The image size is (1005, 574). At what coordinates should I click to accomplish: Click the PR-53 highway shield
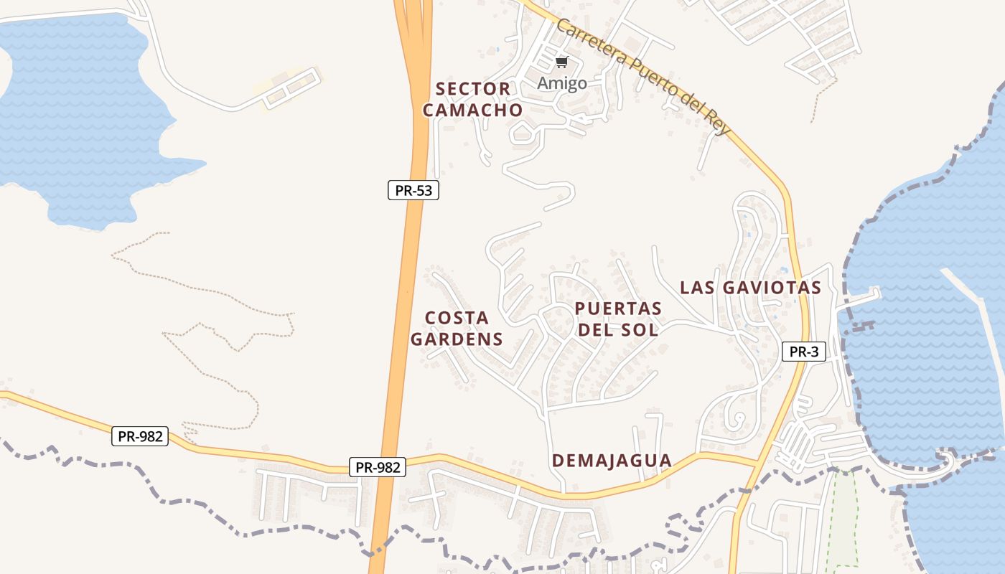point(413,190)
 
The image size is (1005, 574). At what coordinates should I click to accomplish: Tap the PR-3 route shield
point(804,352)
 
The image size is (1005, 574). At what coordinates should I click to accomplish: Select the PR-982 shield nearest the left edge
point(140,436)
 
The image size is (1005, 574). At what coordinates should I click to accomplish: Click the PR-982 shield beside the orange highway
point(378,467)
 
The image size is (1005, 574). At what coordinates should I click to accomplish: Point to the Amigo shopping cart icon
point(562,62)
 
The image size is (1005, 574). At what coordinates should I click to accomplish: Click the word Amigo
point(562,83)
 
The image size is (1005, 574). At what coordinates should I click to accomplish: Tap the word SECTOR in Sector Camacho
point(473,89)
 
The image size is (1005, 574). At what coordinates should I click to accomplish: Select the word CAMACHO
point(472,110)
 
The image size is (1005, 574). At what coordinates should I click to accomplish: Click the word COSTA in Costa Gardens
point(457,318)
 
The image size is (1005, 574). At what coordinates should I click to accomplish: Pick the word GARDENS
point(457,339)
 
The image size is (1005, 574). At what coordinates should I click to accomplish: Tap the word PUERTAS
point(618,309)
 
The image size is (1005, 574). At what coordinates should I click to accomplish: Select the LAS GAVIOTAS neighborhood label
point(750,288)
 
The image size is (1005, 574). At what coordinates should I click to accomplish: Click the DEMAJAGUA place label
point(612,461)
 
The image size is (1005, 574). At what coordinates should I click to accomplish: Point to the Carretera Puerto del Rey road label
point(643,77)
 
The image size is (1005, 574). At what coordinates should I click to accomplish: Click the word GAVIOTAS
point(772,288)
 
